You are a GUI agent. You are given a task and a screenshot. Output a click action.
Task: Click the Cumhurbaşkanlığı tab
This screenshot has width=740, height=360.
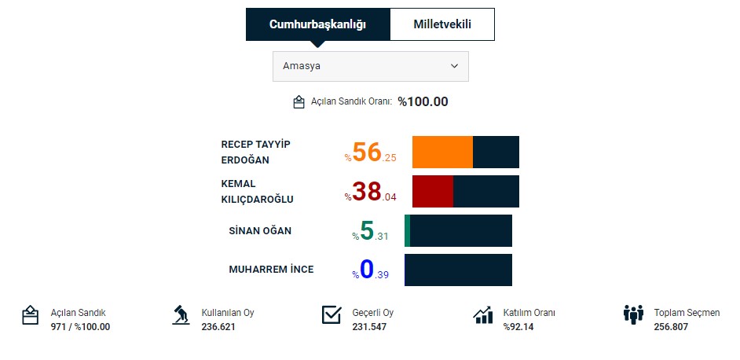317,24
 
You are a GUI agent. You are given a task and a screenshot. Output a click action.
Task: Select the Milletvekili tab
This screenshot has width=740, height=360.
442,24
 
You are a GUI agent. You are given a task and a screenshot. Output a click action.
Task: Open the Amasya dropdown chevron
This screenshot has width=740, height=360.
454,67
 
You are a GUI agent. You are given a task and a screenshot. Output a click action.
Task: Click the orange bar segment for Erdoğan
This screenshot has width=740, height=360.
442,152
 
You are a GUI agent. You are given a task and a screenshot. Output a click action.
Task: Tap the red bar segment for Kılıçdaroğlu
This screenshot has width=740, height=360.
433,191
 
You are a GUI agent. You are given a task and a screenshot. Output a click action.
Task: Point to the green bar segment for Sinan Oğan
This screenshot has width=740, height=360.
408,230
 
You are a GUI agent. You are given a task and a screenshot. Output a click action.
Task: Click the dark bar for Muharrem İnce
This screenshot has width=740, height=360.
458,270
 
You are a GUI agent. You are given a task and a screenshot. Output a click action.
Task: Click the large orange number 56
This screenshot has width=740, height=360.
367,152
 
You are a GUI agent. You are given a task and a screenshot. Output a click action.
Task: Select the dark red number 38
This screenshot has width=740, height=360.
367,191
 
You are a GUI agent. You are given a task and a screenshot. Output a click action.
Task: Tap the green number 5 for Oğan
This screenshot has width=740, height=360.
367,230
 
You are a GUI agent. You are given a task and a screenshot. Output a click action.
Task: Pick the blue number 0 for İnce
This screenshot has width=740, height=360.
367,270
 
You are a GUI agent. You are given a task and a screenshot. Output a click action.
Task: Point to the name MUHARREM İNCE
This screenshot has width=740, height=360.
271,270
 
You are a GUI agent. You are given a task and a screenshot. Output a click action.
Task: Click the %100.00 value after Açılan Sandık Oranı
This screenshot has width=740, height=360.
423,101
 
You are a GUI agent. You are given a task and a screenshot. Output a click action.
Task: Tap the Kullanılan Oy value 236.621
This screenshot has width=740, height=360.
218,327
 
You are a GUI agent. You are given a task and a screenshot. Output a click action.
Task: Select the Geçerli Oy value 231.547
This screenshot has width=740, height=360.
369,327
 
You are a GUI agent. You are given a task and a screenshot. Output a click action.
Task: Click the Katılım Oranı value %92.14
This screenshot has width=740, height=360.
518,327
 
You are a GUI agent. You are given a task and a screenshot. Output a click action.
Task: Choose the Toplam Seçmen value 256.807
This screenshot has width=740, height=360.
671,327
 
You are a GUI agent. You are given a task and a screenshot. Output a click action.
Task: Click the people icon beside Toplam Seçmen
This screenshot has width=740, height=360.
633,315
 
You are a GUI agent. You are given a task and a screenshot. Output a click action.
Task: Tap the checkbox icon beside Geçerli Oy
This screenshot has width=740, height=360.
332,315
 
